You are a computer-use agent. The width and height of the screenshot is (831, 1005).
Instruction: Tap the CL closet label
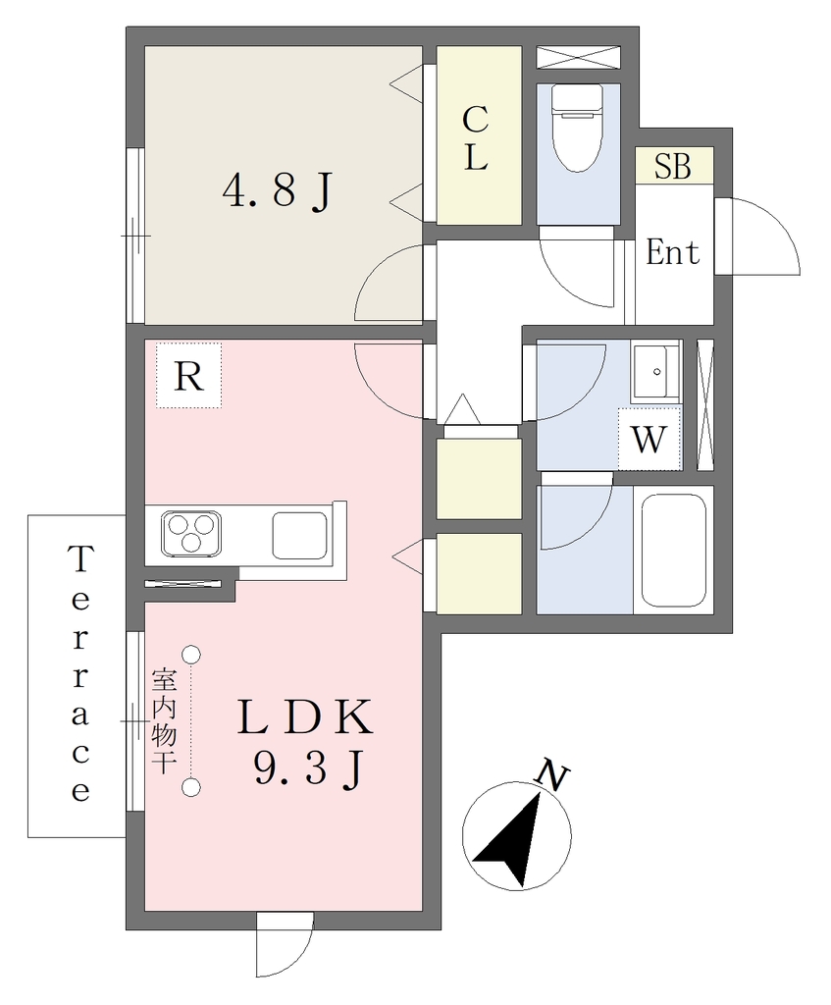click(476, 139)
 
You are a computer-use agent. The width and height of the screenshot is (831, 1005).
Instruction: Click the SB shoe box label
click(673, 167)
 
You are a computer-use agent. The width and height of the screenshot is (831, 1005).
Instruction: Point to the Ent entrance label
click(673, 253)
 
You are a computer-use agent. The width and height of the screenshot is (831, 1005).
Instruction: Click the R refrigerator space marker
click(188, 375)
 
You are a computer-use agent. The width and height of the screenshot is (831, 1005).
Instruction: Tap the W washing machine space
click(648, 439)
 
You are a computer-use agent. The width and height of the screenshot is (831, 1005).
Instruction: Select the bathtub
click(673, 550)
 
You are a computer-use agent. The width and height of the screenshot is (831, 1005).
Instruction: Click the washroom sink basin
click(655, 371)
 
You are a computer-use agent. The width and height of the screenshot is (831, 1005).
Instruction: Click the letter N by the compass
click(553, 775)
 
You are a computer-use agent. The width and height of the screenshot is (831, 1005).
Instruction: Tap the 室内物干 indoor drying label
click(164, 721)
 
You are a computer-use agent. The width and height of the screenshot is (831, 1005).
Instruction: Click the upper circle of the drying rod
click(191, 655)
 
